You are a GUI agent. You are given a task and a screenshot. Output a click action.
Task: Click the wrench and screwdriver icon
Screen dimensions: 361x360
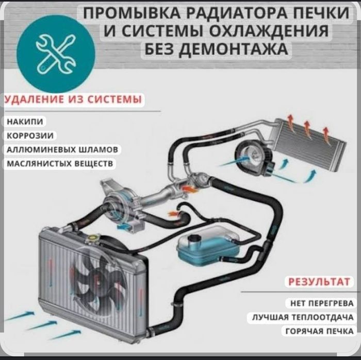[56, 54]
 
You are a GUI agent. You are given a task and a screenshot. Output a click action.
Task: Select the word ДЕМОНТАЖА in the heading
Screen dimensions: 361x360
[233, 49]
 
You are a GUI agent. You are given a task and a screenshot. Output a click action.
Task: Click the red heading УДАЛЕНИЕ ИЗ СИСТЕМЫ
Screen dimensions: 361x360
[73, 99]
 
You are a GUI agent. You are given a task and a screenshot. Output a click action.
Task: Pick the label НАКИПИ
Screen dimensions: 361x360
[25, 122]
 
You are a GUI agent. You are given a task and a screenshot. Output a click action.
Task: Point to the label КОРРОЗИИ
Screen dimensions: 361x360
[30, 135]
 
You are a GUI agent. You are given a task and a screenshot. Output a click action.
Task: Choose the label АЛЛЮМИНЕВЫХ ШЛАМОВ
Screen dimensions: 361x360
[62, 150]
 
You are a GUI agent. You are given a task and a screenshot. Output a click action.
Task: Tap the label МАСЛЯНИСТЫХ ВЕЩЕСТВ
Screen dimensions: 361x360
[60, 163]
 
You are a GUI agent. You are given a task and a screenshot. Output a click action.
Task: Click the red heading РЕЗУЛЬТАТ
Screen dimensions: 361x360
[319, 282]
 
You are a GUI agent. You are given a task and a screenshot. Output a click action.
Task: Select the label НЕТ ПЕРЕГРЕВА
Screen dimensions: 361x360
[322, 303]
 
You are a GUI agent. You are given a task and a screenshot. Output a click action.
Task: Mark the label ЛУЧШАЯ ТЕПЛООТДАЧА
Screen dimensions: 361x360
[303, 317]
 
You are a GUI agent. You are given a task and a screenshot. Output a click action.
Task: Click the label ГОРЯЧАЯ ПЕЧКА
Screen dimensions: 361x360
[320, 331]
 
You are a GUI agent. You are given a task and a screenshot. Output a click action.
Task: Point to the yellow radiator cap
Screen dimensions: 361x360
[93, 238]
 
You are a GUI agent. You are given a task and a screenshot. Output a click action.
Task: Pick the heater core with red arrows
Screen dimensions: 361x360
[307, 143]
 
